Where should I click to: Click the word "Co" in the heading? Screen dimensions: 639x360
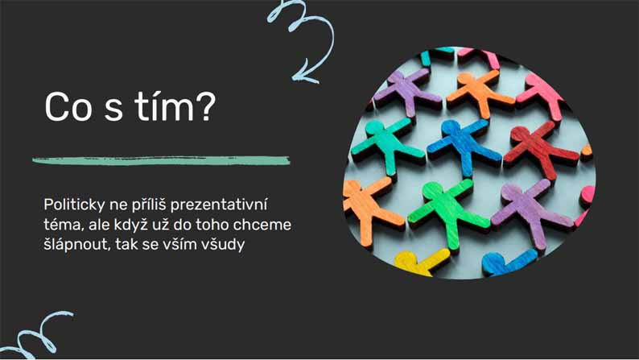68,107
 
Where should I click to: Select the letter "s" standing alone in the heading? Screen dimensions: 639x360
113,110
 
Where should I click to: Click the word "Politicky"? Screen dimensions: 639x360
74,205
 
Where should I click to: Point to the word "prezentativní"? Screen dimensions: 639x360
219,205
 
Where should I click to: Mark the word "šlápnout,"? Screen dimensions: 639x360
77,245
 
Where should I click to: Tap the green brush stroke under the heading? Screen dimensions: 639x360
161,160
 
